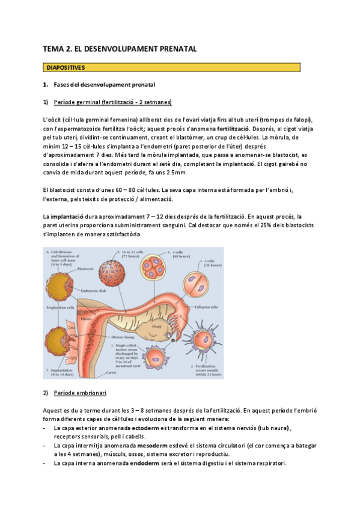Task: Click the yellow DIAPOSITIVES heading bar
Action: click(171, 67)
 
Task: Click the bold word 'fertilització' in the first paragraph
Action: click(235, 128)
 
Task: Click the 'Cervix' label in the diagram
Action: click(109, 373)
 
